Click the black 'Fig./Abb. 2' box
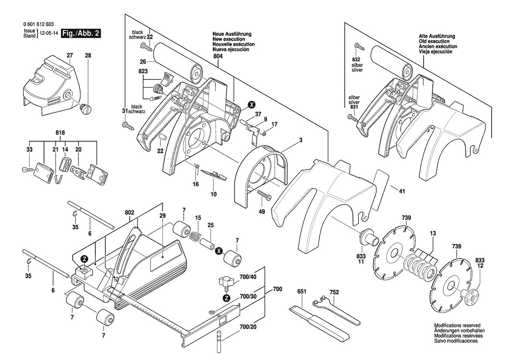(81, 34)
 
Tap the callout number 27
(70, 55)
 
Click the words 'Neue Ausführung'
(232, 34)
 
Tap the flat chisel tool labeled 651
(320, 325)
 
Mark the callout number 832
(356, 59)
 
